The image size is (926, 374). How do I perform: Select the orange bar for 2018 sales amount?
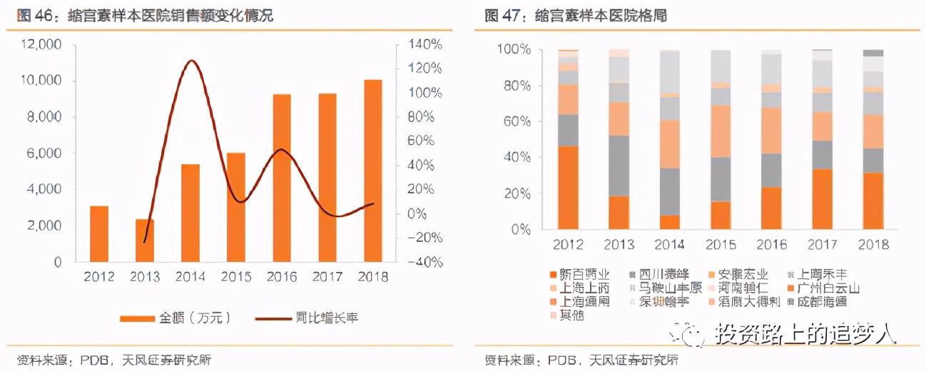373,171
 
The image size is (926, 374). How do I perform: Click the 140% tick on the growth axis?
426,44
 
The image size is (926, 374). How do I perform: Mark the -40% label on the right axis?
426,262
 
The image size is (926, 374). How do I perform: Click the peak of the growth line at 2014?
190,61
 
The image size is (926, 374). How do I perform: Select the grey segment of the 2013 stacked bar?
619,166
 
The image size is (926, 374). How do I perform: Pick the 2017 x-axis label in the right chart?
823,244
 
